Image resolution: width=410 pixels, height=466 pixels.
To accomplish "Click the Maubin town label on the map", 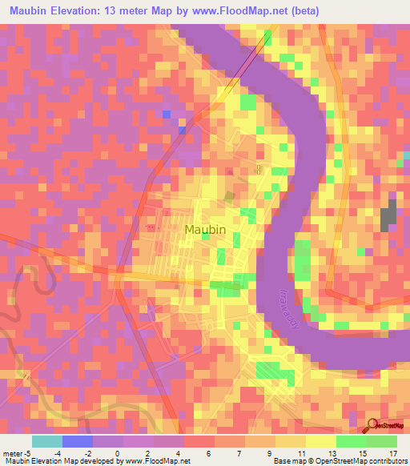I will point(205,230).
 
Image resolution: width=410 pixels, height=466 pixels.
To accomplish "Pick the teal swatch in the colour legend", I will point(47,441).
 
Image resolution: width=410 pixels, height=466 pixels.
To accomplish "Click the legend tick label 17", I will point(392,452).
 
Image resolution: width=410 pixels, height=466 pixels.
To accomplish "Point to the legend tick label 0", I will point(118,452).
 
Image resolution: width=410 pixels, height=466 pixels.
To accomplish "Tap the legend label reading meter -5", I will point(17,452).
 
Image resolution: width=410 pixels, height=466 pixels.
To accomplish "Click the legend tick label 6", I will point(209,452).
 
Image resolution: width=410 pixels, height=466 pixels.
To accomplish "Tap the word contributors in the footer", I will point(387,461).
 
